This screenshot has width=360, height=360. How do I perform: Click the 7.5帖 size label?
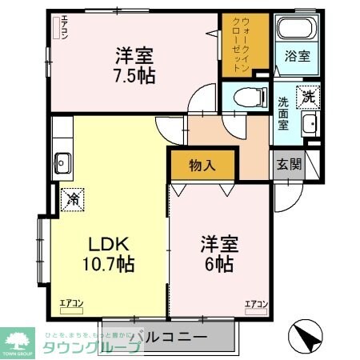pyautogui.click(x=134, y=78)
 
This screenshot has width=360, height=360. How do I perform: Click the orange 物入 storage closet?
pyautogui.click(x=203, y=166)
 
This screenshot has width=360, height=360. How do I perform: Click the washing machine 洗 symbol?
pyautogui.click(x=308, y=98)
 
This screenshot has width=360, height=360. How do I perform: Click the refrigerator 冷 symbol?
pyautogui.click(x=71, y=196)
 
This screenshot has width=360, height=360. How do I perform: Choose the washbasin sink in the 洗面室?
pyautogui.click(x=310, y=125)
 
